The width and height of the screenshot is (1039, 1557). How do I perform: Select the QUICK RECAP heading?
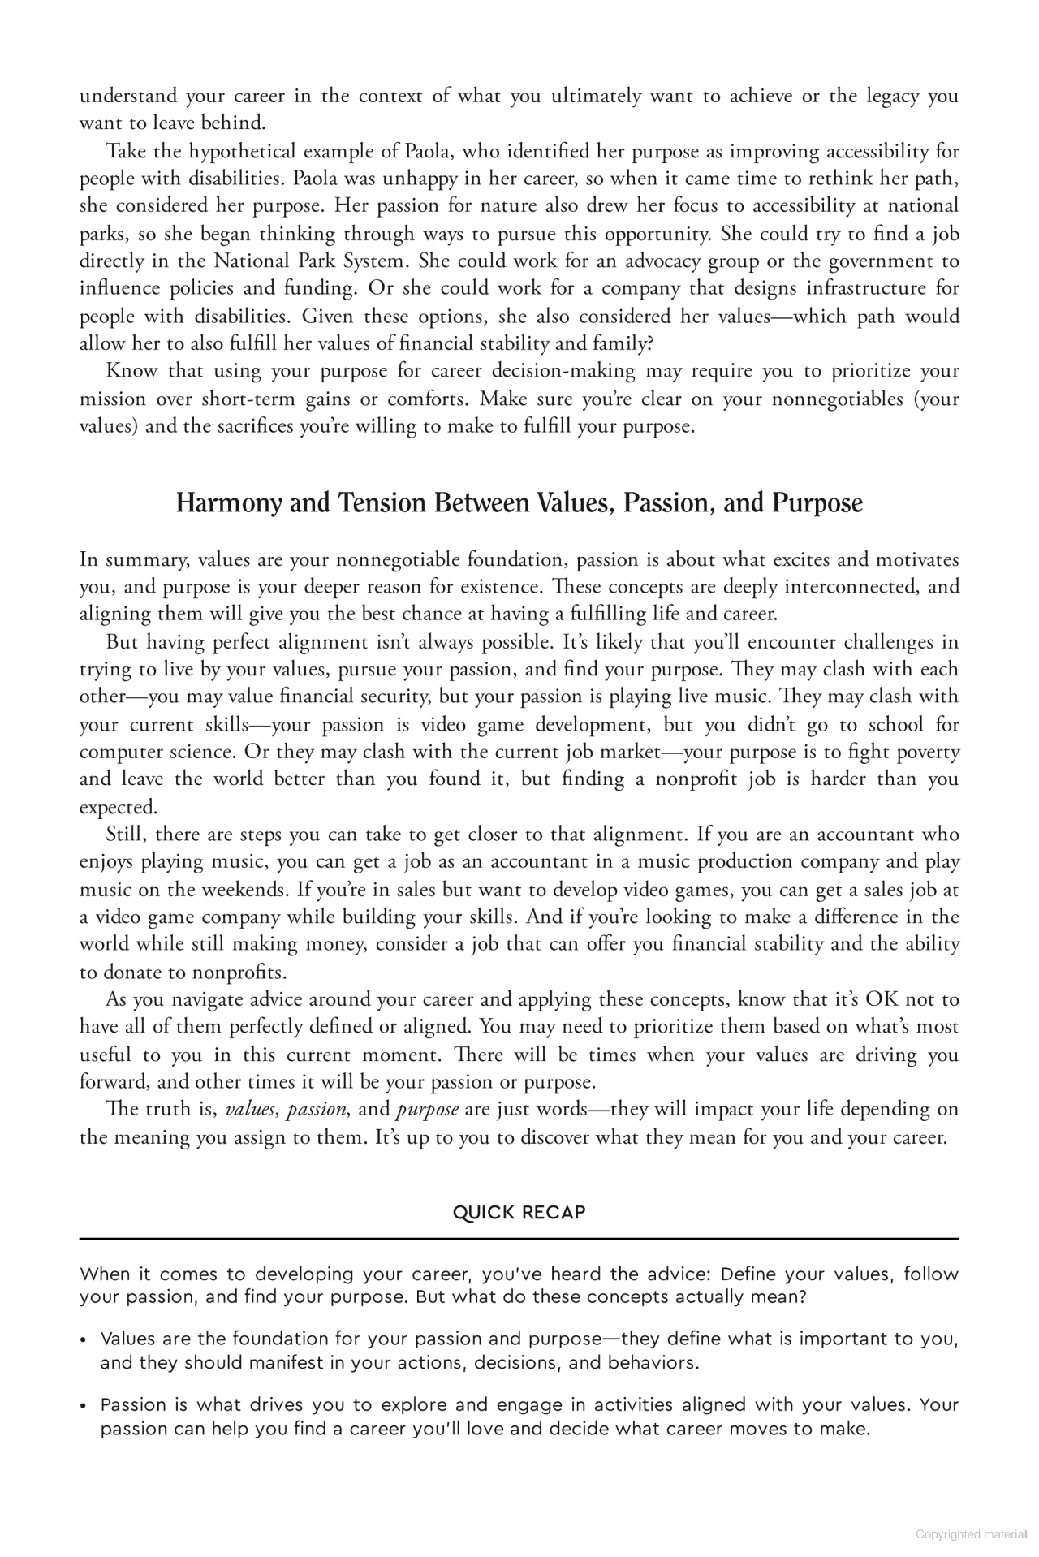(x=519, y=1212)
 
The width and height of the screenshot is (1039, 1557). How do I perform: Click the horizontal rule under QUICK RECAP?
(x=519, y=1239)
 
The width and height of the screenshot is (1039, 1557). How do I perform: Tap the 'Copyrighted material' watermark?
(x=971, y=1534)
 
